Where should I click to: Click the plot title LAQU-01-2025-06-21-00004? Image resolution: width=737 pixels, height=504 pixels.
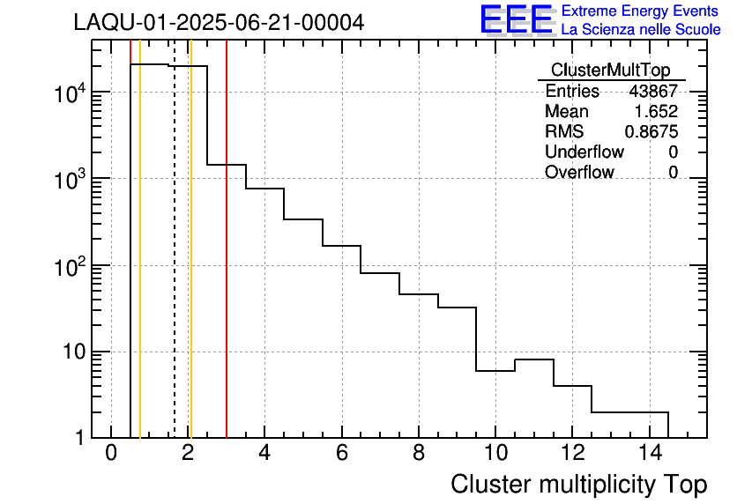point(219,23)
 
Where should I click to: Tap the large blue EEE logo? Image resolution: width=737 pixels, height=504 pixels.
point(517,19)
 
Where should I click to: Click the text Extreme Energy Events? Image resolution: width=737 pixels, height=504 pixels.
point(640,11)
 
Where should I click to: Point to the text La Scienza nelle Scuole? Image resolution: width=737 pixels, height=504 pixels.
point(640,30)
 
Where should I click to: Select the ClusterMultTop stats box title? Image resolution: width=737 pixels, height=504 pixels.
point(610,70)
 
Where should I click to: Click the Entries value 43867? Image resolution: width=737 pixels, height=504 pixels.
point(652,92)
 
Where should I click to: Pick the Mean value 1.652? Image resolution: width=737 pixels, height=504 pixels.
point(656,112)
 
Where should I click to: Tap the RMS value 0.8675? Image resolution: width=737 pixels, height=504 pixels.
point(651,132)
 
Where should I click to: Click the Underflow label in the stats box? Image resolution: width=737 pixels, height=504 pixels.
point(583,152)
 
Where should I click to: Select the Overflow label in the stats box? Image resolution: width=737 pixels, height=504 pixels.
point(579,173)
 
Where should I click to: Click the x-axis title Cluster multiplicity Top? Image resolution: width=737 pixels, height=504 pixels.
point(578,484)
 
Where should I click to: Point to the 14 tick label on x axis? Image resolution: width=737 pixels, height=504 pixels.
point(649,454)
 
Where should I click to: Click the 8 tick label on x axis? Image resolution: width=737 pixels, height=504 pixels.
point(419,454)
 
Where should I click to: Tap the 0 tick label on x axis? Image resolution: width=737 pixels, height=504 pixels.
point(111,454)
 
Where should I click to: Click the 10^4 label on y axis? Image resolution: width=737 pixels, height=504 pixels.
point(69,92)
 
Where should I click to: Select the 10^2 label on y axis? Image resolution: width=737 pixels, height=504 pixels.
point(69,265)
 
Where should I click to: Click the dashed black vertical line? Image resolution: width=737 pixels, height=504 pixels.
point(175,264)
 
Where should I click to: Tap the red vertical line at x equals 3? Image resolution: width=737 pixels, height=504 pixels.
point(227,264)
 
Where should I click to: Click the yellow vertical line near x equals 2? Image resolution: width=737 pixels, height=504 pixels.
point(190,264)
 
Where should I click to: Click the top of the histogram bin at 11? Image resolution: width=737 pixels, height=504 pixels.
point(533,359)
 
